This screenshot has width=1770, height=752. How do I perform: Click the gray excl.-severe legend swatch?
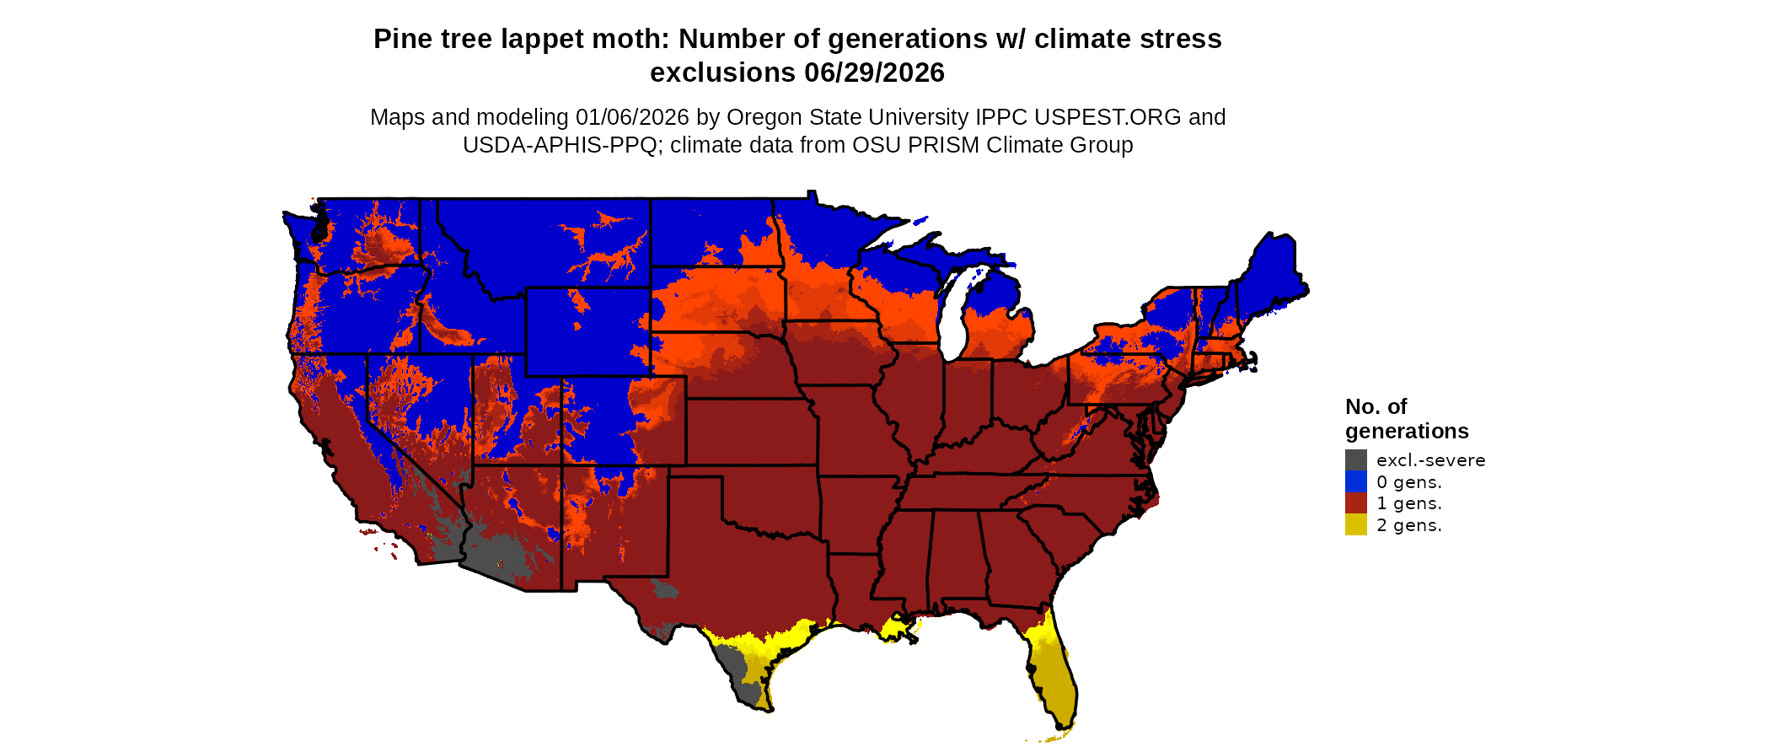[1355, 460]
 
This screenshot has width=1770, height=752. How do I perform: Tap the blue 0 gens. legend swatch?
[1355, 482]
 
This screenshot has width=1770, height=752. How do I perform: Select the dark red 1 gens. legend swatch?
[1355, 503]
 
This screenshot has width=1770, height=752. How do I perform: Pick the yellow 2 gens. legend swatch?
[1355, 525]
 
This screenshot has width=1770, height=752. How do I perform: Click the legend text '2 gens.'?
[1408, 525]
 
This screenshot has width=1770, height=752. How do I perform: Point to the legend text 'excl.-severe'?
[1430, 460]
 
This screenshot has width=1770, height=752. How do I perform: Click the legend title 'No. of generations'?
[1406, 419]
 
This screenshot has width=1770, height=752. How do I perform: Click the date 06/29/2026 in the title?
[874, 73]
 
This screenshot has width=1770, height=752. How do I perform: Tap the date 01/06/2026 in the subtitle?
[631, 117]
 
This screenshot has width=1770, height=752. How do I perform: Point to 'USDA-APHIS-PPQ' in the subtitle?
[560, 145]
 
